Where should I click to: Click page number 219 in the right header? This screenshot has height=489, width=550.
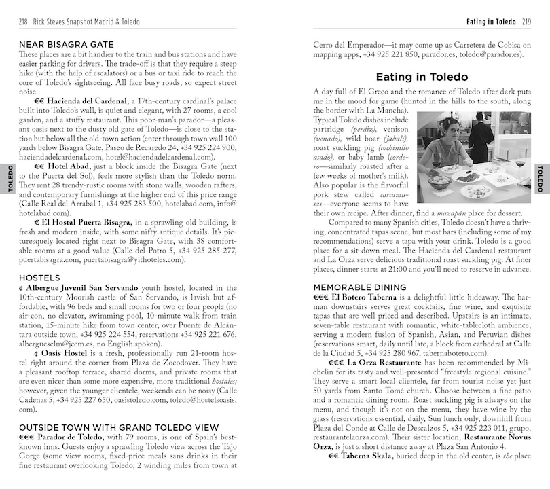[x=525, y=22]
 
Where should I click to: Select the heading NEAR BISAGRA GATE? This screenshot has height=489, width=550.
[x=67, y=45]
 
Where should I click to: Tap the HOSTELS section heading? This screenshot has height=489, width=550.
[x=40, y=278]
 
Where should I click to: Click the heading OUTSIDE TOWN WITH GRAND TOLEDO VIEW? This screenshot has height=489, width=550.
[x=113, y=427]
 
